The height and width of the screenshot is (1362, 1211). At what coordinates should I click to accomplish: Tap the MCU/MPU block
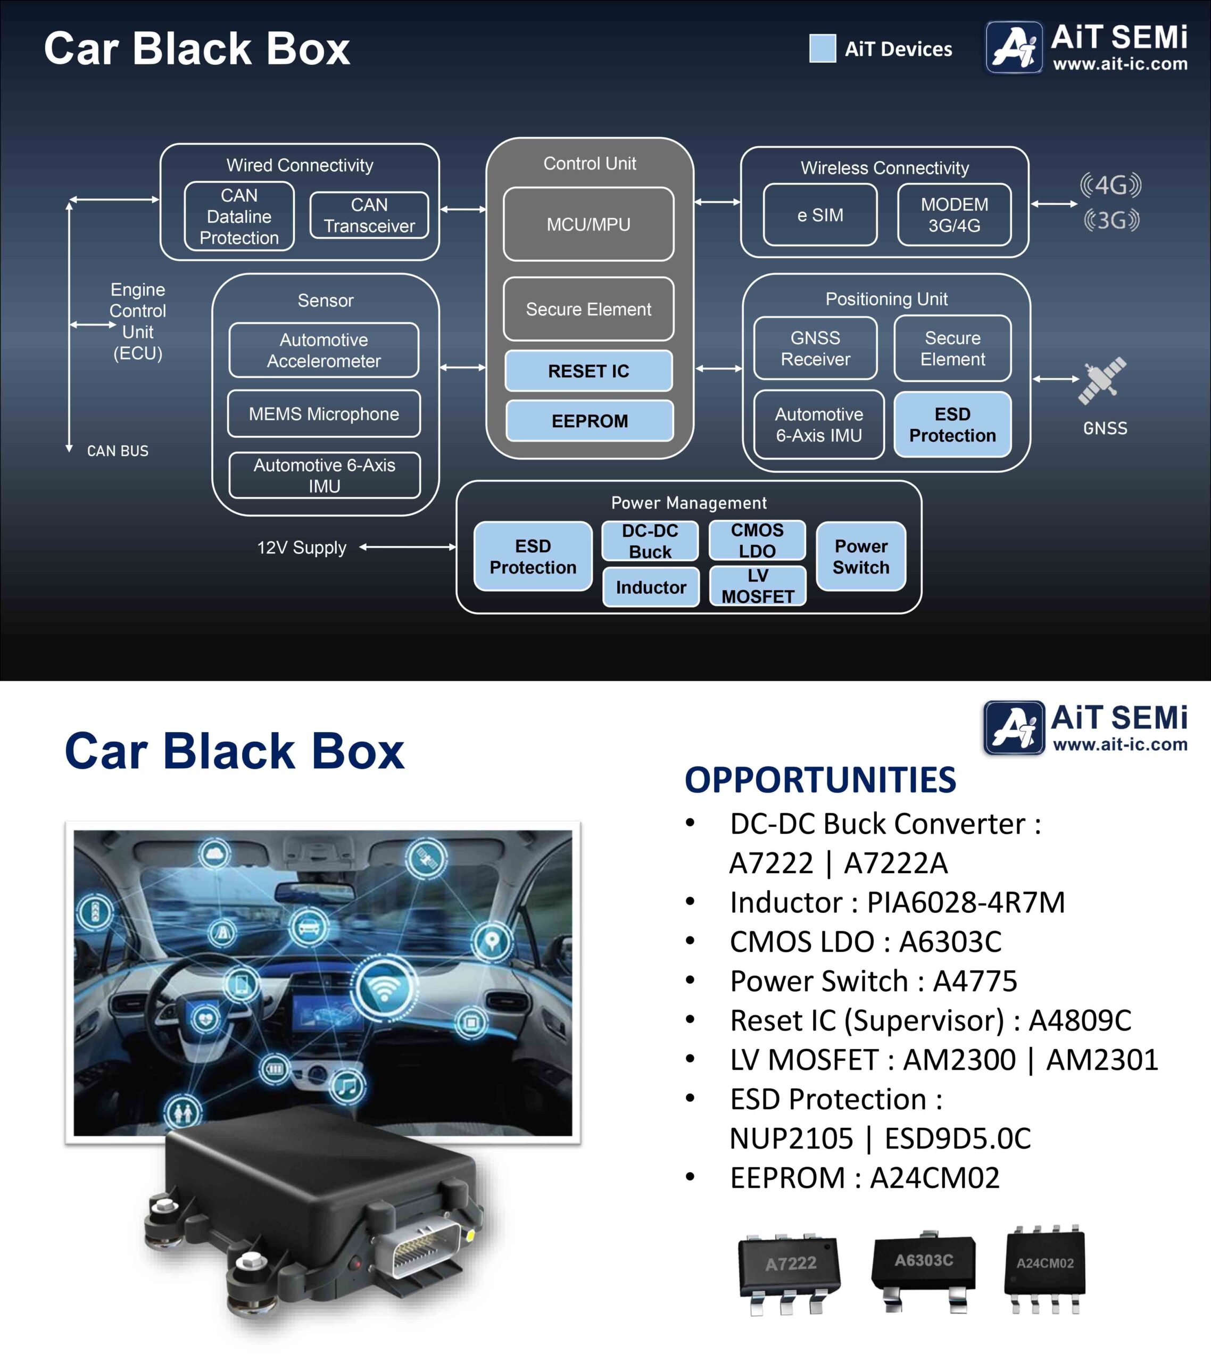(588, 224)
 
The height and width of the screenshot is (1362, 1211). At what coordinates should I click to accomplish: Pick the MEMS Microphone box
(324, 414)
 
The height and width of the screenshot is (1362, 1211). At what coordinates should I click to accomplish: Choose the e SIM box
(820, 214)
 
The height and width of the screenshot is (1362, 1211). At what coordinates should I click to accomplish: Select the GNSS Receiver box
(815, 348)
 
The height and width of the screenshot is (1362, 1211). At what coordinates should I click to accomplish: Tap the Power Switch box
(860, 557)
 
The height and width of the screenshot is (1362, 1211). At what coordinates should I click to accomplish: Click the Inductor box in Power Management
(651, 587)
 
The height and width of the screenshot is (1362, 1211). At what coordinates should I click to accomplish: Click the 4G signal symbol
(1110, 185)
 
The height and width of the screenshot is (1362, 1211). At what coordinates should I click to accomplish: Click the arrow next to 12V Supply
(407, 547)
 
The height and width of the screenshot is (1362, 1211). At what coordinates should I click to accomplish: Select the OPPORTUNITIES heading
(820, 779)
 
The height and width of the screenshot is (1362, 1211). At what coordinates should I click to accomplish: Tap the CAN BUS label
(118, 451)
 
